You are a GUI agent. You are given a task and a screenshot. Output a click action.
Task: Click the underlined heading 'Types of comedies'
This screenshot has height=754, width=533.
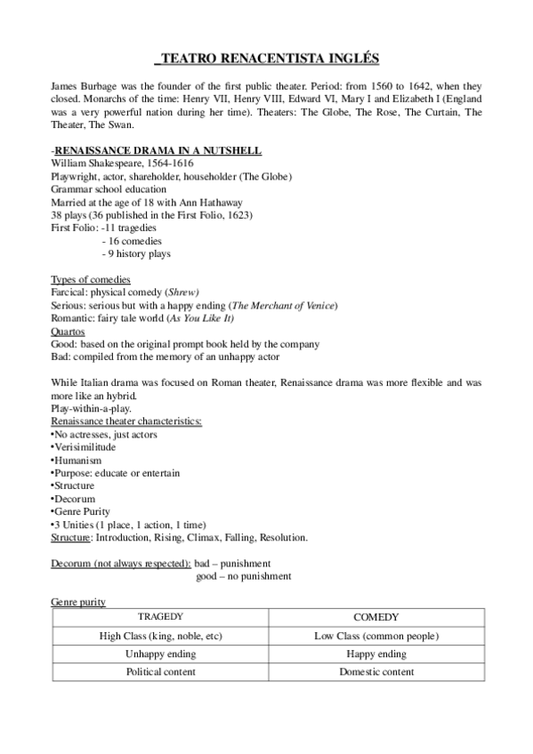(91, 280)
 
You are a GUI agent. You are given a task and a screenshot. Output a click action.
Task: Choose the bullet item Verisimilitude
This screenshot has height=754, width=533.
(86, 447)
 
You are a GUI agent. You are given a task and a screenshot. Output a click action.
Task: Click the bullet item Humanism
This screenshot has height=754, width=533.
(78, 461)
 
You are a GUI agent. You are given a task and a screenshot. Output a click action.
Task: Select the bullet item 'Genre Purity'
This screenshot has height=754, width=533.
(84, 512)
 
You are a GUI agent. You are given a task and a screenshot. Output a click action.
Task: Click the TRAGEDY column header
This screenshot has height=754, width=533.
(161, 617)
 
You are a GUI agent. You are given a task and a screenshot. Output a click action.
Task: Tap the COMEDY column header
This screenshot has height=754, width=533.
(376, 617)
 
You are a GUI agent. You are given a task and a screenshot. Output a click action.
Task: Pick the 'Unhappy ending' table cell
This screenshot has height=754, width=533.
(161, 654)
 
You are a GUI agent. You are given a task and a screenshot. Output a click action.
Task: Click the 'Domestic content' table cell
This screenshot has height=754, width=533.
(376, 672)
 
